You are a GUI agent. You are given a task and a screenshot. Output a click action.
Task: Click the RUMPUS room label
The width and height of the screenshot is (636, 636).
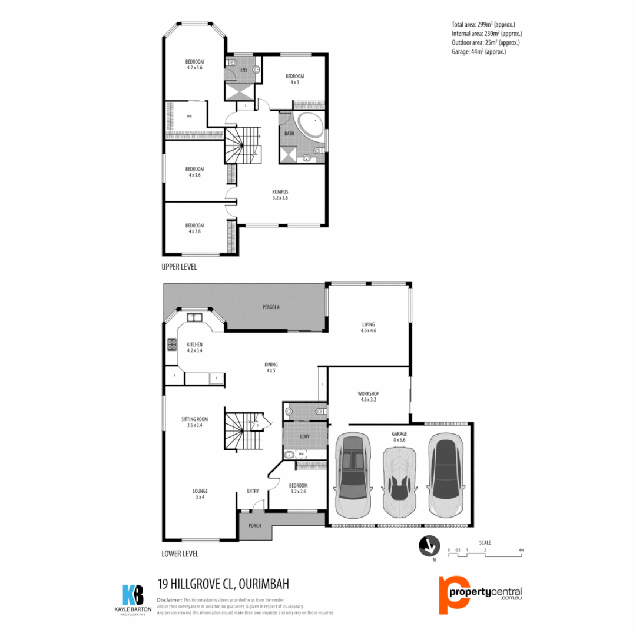pyautogui.click(x=280, y=191)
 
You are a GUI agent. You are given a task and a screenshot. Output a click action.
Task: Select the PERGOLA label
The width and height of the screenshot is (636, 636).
pyautogui.click(x=271, y=307)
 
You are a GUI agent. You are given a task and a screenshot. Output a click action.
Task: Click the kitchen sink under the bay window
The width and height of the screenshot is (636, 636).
pyautogui.click(x=195, y=317)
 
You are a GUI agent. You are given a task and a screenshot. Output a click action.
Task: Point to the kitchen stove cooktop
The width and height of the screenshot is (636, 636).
pyautogui.click(x=172, y=344)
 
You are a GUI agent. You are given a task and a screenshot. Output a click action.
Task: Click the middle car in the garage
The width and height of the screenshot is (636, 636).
pyautogui.click(x=399, y=480)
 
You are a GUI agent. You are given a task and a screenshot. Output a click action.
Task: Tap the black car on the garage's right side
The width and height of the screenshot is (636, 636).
pyautogui.click(x=445, y=475)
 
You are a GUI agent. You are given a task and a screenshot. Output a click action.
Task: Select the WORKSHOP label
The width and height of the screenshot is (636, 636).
pyautogui.click(x=368, y=393)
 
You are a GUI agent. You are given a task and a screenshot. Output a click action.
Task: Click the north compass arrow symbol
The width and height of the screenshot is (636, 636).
pyautogui.click(x=429, y=546)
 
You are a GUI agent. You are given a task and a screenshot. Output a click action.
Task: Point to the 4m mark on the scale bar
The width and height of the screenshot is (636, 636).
pyautogui.click(x=521, y=550)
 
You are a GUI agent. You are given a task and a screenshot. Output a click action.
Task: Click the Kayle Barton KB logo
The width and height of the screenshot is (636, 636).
pyautogui.click(x=132, y=597)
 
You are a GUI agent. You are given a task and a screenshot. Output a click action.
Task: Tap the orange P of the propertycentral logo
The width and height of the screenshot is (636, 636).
pyautogui.click(x=448, y=594)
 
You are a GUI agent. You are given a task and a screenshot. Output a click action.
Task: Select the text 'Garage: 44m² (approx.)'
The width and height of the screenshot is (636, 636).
pyautogui.click(x=479, y=52)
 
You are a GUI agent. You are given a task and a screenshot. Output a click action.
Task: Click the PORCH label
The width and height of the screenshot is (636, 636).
pyautogui.click(x=254, y=525)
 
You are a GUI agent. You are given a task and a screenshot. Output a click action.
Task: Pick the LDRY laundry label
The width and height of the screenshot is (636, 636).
pyautogui.click(x=304, y=437)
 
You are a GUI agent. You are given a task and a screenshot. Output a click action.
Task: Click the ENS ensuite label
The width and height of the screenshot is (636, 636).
pyautogui.click(x=244, y=71)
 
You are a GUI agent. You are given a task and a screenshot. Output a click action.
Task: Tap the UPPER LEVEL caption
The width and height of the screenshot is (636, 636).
pyautogui.click(x=179, y=267)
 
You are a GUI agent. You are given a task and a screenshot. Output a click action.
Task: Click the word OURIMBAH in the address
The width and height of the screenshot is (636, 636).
pyautogui.click(x=263, y=584)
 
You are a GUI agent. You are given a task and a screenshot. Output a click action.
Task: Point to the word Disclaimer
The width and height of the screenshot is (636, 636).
pyautogui.click(x=170, y=599)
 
